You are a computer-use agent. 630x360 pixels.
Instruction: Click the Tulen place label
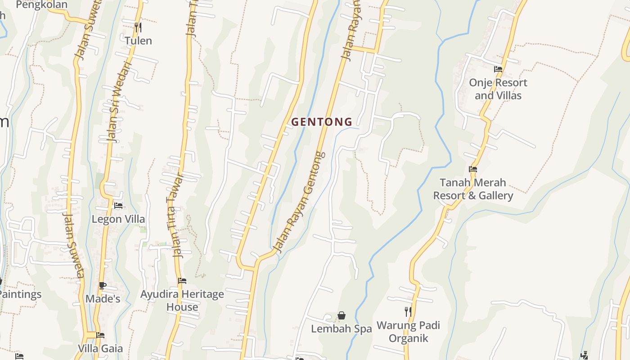pos(138,40)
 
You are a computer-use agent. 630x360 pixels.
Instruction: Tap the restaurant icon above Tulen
pos(138,27)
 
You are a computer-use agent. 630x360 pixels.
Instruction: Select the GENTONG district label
pos(322,122)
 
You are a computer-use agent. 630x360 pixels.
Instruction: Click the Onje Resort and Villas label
pos(498,89)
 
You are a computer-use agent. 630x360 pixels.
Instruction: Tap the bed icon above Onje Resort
pos(498,69)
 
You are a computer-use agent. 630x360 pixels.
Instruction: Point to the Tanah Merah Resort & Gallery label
pos(472,189)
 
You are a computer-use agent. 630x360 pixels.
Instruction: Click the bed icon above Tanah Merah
pos(472,170)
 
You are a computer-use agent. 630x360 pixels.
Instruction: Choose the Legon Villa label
pos(118,219)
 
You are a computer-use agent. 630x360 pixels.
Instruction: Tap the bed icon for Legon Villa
pos(118,206)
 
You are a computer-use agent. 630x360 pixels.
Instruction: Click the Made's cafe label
pos(103,299)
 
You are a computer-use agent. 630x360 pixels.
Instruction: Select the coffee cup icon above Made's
pos(103,285)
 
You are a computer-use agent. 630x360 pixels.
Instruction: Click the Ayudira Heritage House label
pos(182,301)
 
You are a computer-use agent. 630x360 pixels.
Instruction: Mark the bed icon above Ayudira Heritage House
pos(182,281)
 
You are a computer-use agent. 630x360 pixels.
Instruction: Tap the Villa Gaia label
pos(100,348)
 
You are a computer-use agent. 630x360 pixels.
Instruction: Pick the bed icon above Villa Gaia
pos(100,335)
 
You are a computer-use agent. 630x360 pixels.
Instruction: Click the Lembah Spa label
pos(342,329)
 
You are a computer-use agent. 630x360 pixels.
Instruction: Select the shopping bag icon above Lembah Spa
pos(342,315)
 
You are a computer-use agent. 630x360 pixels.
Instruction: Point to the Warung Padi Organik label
pos(408,332)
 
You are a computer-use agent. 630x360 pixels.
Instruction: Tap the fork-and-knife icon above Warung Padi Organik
pos(408,311)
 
